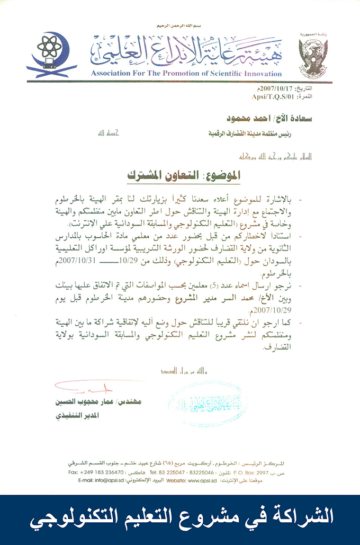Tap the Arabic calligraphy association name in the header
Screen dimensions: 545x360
[186, 52]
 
